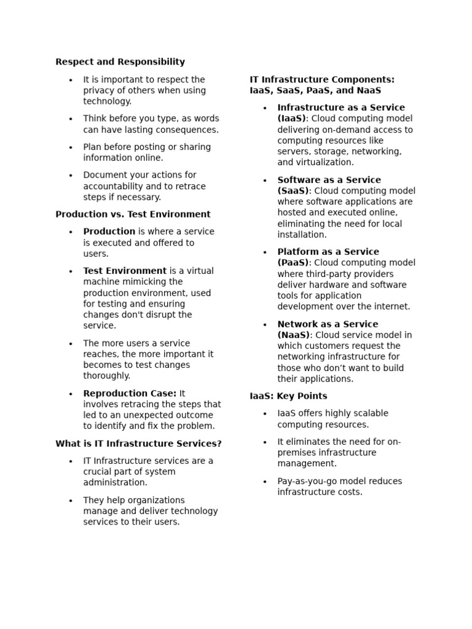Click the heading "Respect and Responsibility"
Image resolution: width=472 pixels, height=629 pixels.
pyautogui.click(x=120, y=62)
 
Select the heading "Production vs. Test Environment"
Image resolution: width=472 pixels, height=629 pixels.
pyautogui.click(x=133, y=214)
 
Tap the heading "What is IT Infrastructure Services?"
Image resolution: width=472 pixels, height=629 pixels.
pyautogui.click(x=138, y=443)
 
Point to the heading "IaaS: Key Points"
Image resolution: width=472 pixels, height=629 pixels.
pyautogui.click(x=288, y=396)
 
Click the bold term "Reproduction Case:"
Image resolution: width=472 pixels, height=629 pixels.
pyautogui.click(x=130, y=394)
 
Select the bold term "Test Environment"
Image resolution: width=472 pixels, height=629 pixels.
pyautogui.click(x=125, y=271)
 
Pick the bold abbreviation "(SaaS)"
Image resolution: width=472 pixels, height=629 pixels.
pyautogui.click(x=293, y=191)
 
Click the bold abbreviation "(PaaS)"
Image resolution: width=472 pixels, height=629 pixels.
pyautogui.click(x=293, y=263)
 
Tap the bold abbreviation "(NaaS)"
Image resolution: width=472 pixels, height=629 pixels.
pyautogui.click(x=294, y=335)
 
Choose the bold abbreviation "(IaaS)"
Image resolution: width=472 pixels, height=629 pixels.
pyautogui.click(x=291, y=119)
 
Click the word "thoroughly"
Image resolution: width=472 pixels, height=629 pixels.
pyautogui.click(x=106, y=376)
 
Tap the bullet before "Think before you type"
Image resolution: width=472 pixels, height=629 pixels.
pyautogui.click(x=71, y=119)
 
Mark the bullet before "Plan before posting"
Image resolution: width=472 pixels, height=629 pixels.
pyautogui.click(x=71, y=147)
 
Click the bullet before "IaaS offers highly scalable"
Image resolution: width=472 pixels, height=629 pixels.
pyautogui.click(x=265, y=414)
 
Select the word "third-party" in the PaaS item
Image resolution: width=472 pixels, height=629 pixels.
pyautogui.click(x=326, y=274)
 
